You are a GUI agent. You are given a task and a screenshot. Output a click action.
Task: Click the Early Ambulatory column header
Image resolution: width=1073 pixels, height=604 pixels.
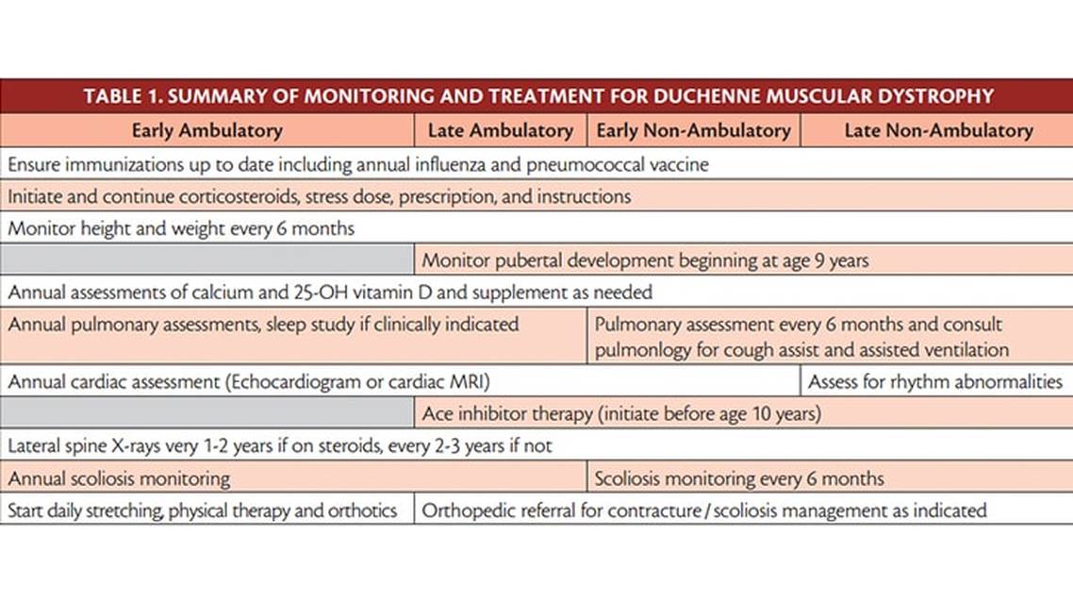pyautogui.click(x=206, y=130)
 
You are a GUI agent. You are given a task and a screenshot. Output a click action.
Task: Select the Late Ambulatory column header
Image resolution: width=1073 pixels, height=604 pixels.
pyautogui.click(x=500, y=130)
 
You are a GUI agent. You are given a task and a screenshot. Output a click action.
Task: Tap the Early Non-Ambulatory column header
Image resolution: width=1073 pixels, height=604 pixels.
pyautogui.click(x=693, y=130)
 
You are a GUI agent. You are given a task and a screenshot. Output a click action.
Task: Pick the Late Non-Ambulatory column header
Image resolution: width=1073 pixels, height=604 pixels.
pyautogui.click(x=937, y=130)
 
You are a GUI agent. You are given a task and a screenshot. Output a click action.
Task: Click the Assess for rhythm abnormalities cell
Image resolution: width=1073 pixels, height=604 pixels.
pyautogui.click(x=935, y=382)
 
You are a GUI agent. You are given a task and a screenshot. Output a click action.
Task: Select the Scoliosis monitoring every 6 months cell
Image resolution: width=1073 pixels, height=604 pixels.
pyautogui.click(x=739, y=478)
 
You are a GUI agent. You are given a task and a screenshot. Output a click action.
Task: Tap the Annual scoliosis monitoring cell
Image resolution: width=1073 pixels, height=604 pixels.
pyautogui.click(x=119, y=478)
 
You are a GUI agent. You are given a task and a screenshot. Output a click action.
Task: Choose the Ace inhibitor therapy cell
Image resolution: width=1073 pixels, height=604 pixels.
pyautogui.click(x=621, y=413)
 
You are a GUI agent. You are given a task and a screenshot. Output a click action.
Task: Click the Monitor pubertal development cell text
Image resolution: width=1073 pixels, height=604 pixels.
pyautogui.click(x=645, y=260)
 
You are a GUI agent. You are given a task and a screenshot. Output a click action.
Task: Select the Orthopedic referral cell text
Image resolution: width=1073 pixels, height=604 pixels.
pyautogui.click(x=703, y=511)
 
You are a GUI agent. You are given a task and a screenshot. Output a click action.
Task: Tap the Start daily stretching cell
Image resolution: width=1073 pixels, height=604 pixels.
pyautogui.click(x=203, y=511)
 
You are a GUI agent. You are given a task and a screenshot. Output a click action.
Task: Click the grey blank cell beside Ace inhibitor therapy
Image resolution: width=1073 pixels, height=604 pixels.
pyautogui.click(x=206, y=413)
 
